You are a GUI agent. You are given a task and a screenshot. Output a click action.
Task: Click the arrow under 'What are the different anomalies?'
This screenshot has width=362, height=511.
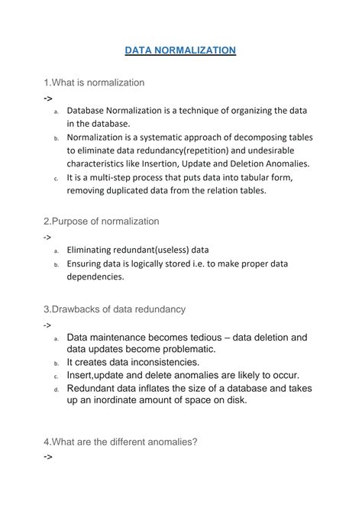pyautogui.click(x=48, y=456)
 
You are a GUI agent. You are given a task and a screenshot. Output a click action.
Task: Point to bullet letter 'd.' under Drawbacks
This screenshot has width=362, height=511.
pyautogui.click(x=57, y=389)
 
